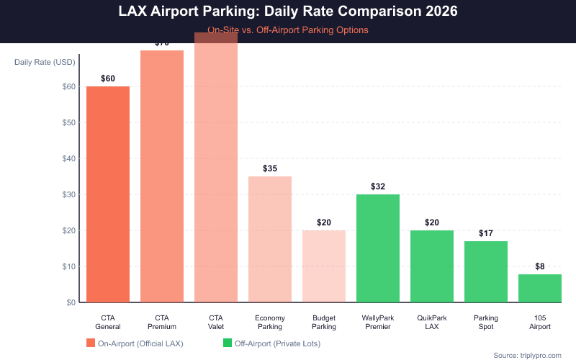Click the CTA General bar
click(x=108, y=194)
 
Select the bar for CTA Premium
click(x=162, y=176)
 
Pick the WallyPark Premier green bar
click(x=378, y=248)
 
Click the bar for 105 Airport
click(x=540, y=288)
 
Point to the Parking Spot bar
click(x=486, y=271)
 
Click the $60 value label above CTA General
click(x=108, y=78)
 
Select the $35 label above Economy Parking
click(x=270, y=168)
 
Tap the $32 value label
click(x=378, y=186)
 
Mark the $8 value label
click(x=540, y=266)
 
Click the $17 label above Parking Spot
click(x=486, y=233)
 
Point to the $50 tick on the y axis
click(x=69, y=122)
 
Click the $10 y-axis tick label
click(x=69, y=266)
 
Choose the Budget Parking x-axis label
click(x=324, y=323)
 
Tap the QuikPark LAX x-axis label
click(x=432, y=323)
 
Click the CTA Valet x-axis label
click(x=216, y=323)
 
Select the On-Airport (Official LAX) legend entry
click(x=135, y=343)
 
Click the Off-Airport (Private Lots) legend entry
click(x=274, y=343)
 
